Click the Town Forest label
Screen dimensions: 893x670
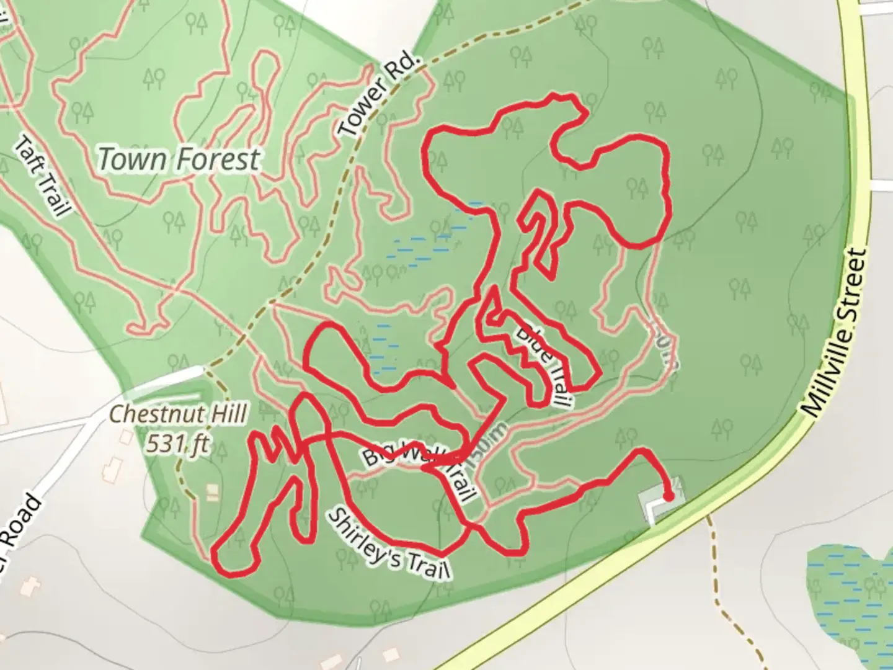click(x=179, y=159)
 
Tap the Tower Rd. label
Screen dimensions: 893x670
click(x=379, y=94)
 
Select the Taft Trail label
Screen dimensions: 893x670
click(x=41, y=177)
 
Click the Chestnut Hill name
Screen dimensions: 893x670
click(x=179, y=414)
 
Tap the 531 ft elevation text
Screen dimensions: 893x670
click(x=177, y=444)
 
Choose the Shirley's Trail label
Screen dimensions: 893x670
click(x=388, y=545)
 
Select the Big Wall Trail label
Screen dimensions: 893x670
click(x=422, y=468)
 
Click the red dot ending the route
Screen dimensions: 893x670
click(x=669, y=496)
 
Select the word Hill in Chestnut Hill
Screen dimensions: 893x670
click(x=225, y=414)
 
